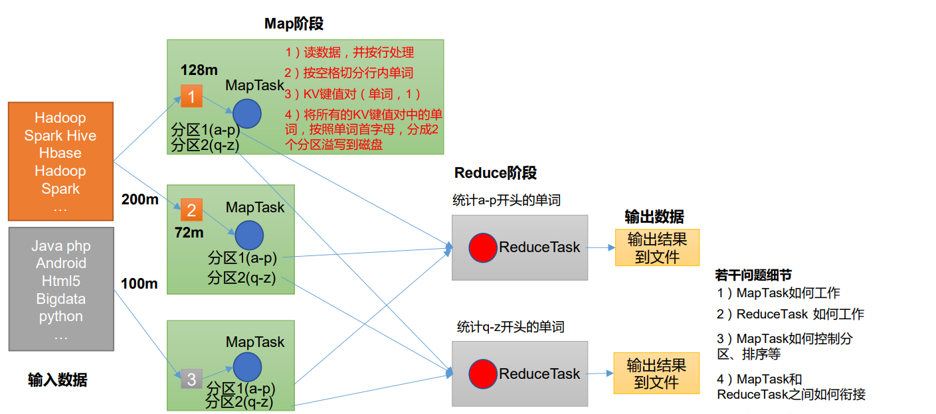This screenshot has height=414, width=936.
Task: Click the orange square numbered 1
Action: (x=191, y=97)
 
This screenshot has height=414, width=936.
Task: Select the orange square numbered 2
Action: (x=191, y=210)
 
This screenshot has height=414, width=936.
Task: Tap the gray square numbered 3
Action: (x=191, y=379)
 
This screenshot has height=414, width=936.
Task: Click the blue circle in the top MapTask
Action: (x=247, y=113)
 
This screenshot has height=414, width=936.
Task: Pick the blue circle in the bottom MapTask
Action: (x=247, y=367)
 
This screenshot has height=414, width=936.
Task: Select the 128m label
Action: (x=199, y=70)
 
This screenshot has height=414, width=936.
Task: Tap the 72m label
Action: (x=189, y=233)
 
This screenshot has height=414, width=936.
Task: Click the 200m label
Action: (x=140, y=199)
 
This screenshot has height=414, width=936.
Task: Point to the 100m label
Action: (x=140, y=284)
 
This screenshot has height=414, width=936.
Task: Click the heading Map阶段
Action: (x=294, y=24)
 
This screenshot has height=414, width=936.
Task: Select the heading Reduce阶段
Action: (x=496, y=173)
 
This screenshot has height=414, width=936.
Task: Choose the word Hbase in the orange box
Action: (x=60, y=153)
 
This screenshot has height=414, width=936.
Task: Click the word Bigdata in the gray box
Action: (x=60, y=299)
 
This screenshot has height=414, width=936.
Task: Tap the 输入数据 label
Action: (x=57, y=380)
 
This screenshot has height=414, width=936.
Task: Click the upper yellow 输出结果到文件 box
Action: (x=656, y=247)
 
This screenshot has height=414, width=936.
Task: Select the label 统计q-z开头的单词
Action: (x=511, y=327)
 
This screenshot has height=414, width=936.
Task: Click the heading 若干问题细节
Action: (x=753, y=275)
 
